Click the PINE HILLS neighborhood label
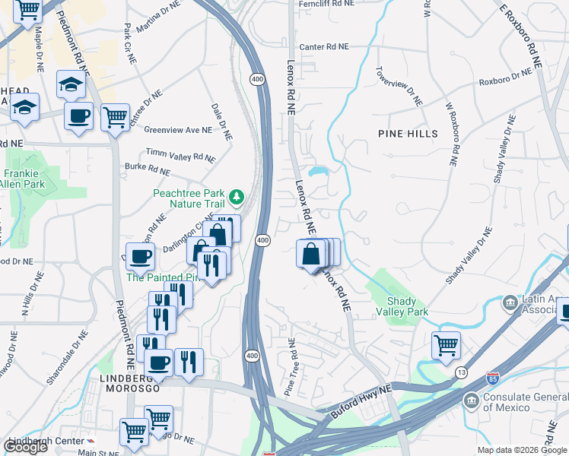coord(408,134)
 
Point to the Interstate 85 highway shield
coord(494,377)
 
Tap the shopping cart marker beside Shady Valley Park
coord(446,345)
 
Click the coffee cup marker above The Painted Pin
coord(140,257)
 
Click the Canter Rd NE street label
coord(323,46)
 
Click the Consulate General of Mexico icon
coord(472,400)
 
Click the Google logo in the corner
coord(25,447)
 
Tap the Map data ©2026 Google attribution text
coord(520,450)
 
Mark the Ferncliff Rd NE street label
coord(326,4)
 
